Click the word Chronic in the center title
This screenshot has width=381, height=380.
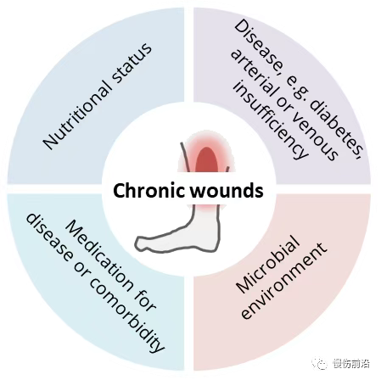tap(149, 191)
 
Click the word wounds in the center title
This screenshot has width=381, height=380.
tap(227, 191)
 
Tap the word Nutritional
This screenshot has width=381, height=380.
tap(77, 116)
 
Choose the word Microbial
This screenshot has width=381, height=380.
tap(267, 265)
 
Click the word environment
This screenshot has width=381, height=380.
tap(283, 281)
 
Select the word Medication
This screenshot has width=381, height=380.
tap(99, 255)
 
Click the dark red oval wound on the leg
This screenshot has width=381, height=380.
tap(207, 160)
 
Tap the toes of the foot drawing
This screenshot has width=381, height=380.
tap(141, 243)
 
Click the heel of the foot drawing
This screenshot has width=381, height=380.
tap(214, 243)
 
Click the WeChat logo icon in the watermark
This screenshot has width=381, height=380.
tap(320, 363)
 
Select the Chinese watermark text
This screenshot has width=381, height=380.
tap(351, 363)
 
